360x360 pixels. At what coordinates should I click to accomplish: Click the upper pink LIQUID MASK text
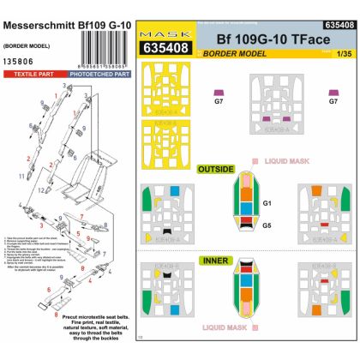(286, 159)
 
